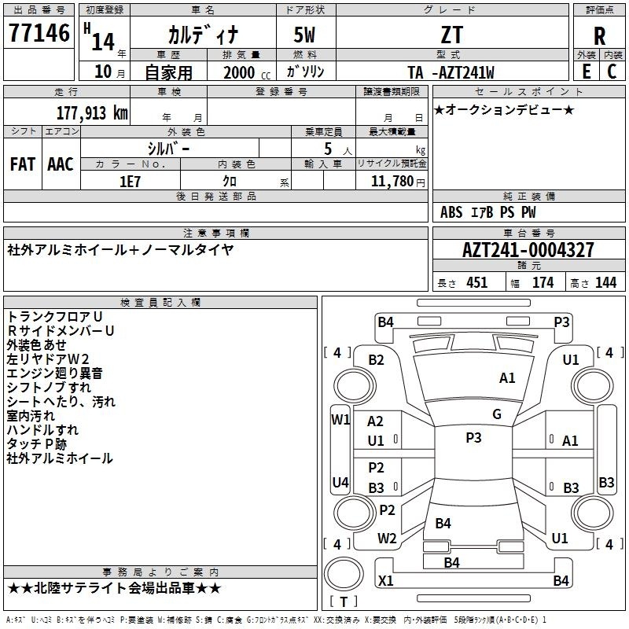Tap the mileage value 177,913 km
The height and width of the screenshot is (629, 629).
[92, 112]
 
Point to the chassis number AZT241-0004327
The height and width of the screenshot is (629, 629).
[528, 250]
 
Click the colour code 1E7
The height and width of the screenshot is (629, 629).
[130, 179]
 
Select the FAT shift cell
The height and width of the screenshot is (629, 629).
[22, 164]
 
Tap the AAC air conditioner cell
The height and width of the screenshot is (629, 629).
[60, 164]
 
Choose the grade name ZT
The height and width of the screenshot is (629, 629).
[452, 34]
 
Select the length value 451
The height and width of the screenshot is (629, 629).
[476, 283]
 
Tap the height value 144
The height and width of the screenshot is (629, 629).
[605, 283]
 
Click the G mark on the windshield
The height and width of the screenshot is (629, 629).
[497, 414]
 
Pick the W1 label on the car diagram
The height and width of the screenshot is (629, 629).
[340, 420]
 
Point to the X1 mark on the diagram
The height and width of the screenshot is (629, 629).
[386, 580]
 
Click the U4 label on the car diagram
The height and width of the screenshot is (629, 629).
[340, 482]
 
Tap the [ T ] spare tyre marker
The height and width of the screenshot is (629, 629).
[346, 601]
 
